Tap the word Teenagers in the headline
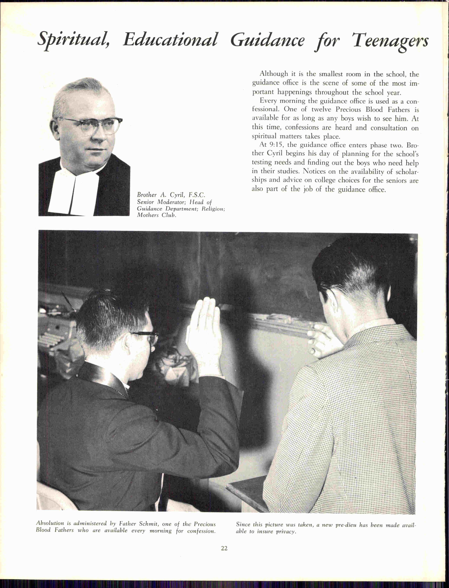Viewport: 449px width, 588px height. [390, 41]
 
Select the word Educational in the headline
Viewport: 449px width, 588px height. [170, 40]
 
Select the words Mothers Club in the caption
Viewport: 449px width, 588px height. [157, 215]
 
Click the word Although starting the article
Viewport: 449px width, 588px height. [274, 74]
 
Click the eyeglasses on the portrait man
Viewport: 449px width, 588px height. [92, 125]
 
